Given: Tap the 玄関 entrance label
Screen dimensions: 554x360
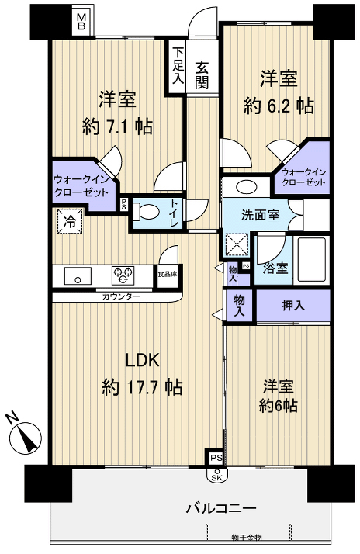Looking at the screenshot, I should point(202,75).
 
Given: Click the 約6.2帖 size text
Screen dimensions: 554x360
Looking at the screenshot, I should point(278,105).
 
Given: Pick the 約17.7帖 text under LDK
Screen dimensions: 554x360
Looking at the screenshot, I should point(143,386).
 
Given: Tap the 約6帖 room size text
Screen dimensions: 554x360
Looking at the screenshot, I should point(280,406).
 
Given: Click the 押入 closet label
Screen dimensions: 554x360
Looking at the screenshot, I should point(293,306).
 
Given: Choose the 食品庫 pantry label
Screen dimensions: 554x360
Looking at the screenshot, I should point(167,274).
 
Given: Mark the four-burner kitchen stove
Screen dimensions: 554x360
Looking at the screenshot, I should point(123,275).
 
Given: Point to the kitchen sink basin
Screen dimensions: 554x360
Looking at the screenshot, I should point(78,275).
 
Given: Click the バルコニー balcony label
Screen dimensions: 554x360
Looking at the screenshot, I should point(220,509).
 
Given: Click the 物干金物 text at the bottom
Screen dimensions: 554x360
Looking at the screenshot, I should point(247,538).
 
